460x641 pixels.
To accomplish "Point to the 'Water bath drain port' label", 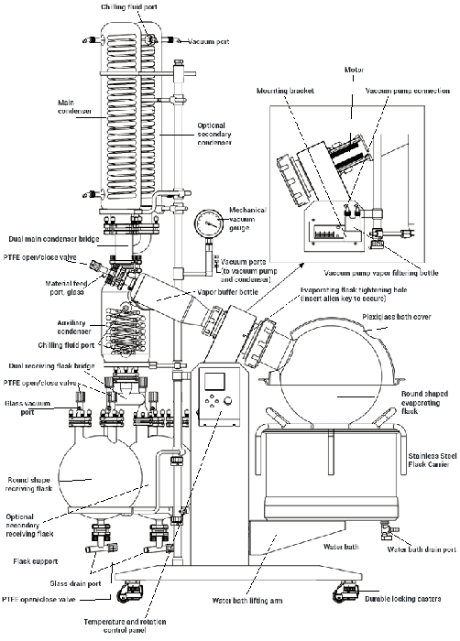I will tap(420, 550).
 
